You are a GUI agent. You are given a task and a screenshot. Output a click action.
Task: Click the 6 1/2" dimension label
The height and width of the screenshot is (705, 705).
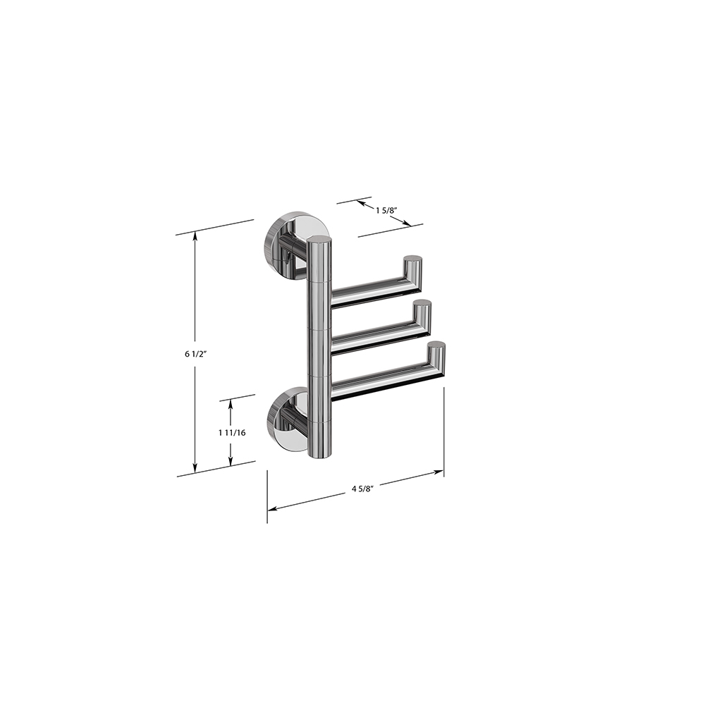[195, 354]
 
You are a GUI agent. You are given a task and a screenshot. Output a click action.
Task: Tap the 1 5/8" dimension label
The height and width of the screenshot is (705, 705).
[386, 210]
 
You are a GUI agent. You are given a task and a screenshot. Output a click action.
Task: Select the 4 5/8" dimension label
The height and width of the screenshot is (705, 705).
[363, 489]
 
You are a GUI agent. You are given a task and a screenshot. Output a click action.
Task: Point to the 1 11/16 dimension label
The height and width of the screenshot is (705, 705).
[232, 433]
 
